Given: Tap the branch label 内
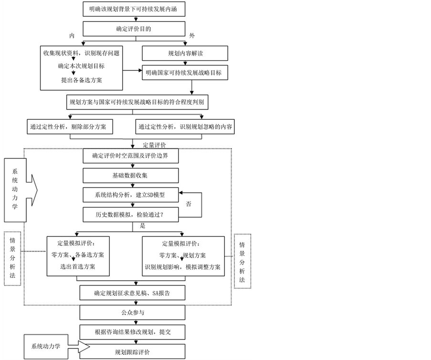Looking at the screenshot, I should (72, 36).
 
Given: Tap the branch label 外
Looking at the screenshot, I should (191, 36).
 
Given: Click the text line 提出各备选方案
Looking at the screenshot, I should (81, 80).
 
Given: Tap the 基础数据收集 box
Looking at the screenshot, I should (131, 175).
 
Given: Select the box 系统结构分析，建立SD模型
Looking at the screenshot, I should (131, 195).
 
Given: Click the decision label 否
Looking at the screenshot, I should (189, 204).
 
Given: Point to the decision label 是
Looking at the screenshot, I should (142, 225).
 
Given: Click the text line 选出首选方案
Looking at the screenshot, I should (78, 266).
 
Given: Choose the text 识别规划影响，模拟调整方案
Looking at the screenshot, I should (183, 266).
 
